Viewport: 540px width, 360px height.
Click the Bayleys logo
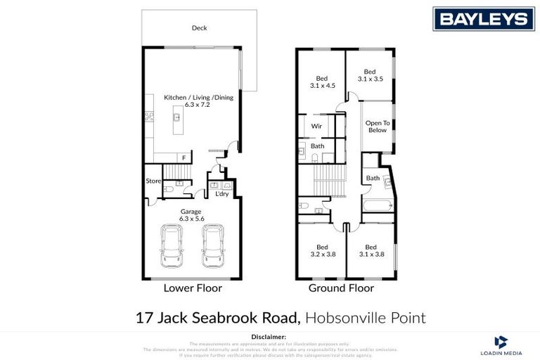tap(483, 18)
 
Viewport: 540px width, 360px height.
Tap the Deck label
tap(199, 28)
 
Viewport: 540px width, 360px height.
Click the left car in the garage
tap(172, 247)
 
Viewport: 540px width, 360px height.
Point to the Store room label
tap(153, 181)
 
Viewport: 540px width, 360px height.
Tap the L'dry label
tap(221, 193)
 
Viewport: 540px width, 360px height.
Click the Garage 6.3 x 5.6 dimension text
tap(191, 214)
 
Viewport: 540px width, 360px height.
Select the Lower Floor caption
tap(193, 288)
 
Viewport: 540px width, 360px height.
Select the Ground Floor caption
tap(341, 288)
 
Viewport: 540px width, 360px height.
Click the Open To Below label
tap(377, 127)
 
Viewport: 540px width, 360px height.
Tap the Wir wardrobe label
tap(316, 127)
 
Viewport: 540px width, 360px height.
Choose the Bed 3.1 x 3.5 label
tap(370, 75)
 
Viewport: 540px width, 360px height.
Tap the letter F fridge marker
tap(184, 157)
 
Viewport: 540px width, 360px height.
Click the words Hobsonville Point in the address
tap(366, 318)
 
